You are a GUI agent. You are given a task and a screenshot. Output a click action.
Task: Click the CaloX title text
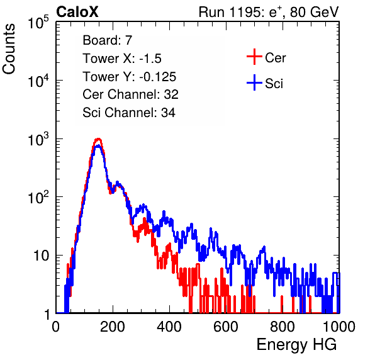pyautogui.click(x=77, y=12)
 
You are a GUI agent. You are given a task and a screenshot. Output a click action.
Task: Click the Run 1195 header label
pyautogui.click(x=269, y=12)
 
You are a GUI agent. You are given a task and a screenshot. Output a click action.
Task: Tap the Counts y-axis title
pyautogui.click(x=9, y=49)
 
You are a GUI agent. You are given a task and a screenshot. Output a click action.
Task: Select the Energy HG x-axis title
pyautogui.click(x=296, y=345)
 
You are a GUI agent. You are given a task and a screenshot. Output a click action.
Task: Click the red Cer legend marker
pyautogui.click(x=254, y=57)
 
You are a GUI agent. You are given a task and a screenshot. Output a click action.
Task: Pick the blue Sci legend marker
pyautogui.click(x=254, y=83)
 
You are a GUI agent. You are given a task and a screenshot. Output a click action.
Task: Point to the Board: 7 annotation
pyautogui.click(x=108, y=40)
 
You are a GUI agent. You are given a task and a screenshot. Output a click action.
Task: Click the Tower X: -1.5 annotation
pyautogui.click(x=122, y=59)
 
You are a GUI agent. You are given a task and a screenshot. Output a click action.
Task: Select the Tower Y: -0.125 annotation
pyautogui.click(x=130, y=77)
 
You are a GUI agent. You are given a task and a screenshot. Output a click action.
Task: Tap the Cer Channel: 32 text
pyautogui.click(x=131, y=94)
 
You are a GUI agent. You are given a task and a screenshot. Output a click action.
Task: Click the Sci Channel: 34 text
pyautogui.click(x=129, y=112)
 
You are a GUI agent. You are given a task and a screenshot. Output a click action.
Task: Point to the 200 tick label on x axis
pyautogui.click(x=113, y=327)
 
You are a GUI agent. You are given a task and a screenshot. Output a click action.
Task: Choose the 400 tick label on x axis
pyautogui.click(x=169, y=327)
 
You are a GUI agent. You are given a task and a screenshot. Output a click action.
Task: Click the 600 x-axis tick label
pyautogui.click(x=226, y=327)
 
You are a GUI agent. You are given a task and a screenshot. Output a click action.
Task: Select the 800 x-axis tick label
pyautogui.click(x=283, y=327)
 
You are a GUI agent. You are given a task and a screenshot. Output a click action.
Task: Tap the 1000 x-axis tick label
pyautogui.click(x=339, y=327)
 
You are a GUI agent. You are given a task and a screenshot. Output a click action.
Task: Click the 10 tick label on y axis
pyautogui.click(x=42, y=256)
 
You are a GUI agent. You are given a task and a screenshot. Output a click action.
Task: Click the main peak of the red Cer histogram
pyautogui.click(x=98, y=139)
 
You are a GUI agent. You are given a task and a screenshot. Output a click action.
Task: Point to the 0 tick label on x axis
pyautogui.click(x=55, y=327)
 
